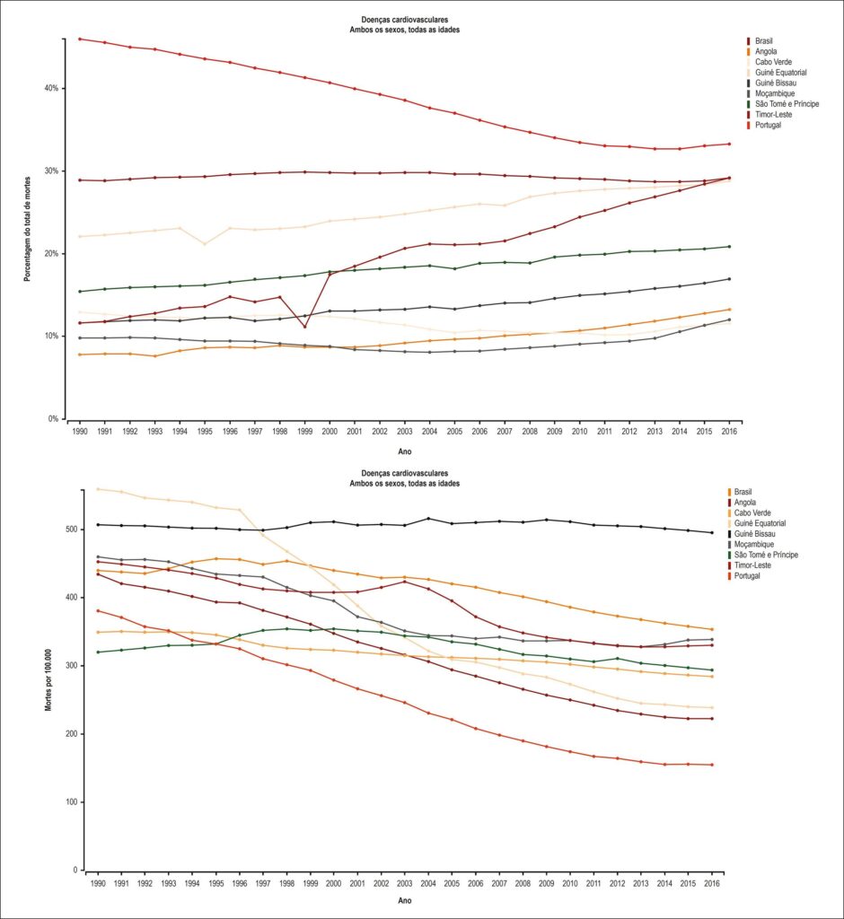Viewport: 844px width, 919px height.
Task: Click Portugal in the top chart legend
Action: [x=768, y=125]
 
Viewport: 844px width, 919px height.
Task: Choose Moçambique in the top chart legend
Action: [x=775, y=93]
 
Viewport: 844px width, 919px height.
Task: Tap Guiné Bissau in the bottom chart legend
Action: [x=754, y=534]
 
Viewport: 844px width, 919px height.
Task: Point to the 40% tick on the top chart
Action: [x=51, y=89]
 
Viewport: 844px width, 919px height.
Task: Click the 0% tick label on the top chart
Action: [x=53, y=419]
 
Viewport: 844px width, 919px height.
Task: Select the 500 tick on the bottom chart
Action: [x=72, y=530]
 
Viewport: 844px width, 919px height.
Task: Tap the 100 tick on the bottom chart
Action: [x=72, y=801]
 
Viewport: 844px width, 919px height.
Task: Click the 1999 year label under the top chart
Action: [x=304, y=432]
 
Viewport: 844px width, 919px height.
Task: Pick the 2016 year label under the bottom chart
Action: [x=711, y=883]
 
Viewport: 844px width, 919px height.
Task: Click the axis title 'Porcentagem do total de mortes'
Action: [x=27, y=229]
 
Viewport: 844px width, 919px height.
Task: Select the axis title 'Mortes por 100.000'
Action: [x=48, y=680]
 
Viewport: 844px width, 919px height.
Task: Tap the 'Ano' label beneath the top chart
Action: [x=405, y=451]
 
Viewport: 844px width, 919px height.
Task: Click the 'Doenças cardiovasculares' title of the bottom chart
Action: [x=405, y=473]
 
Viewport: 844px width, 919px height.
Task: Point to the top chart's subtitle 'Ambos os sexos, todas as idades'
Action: [x=405, y=30]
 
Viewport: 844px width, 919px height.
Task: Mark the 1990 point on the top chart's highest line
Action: [x=80, y=39]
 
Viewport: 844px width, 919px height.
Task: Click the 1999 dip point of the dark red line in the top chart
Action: [x=304, y=327]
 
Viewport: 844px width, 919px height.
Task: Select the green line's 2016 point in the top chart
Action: [x=729, y=247]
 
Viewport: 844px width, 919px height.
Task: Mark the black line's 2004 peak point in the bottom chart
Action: [x=428, y=519]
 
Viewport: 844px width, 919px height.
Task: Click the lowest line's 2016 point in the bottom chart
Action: [x=712, y=765]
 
